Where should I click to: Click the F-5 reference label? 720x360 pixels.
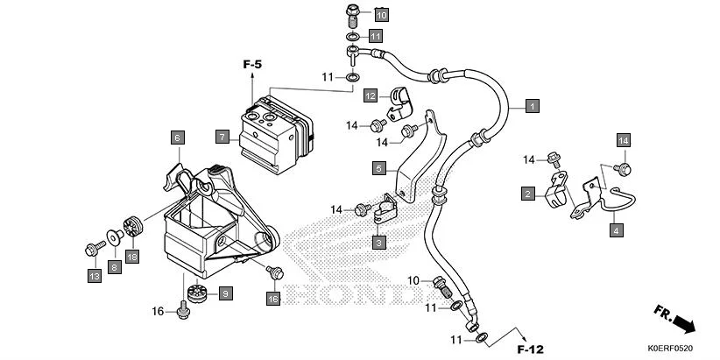[x=253, y=63]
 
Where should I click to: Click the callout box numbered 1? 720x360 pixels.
[x=531, y=106]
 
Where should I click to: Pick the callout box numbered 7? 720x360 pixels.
[x=222, y=137]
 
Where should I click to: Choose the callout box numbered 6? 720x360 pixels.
[x=176, y=138]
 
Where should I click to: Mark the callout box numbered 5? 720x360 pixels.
[x=378, y=167]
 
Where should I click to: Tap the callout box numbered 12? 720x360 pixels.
[x=371, y=95]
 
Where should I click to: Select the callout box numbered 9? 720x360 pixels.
[x=224, y=293]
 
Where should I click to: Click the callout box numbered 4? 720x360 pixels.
[x=616, y=230]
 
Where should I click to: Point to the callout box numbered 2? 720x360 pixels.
[x=527, y=194]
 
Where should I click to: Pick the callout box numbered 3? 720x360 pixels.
[x=378, y=241]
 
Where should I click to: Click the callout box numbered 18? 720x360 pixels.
[x=132, y=257]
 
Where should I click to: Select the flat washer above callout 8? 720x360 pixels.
[x=114, y=236]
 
